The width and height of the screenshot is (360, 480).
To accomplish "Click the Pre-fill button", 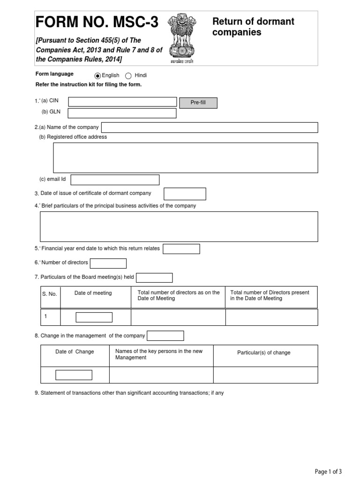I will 198,103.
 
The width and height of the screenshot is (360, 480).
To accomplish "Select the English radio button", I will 97,76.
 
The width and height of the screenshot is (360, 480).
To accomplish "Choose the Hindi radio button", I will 128,76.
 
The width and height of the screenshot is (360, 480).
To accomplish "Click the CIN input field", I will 122,102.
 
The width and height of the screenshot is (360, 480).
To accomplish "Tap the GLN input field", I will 122,113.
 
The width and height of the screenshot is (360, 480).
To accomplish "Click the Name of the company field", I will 210,127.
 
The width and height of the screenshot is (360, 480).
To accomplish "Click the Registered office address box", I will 186,158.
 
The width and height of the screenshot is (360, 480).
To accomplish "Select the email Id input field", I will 115,180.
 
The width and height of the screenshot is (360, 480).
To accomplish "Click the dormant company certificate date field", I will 185,194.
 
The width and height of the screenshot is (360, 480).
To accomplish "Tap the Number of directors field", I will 108,263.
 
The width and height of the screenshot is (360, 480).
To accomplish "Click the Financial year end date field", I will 181,249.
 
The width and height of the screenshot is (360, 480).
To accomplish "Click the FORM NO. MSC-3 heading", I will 97,22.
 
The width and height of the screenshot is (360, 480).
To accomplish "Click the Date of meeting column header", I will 93,293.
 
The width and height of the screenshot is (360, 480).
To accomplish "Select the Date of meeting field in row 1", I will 94,317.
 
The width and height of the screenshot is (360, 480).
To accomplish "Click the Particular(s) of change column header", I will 264,352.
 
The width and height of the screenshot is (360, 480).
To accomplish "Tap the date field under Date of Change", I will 74,375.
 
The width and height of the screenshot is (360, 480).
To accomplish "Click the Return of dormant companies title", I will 253,27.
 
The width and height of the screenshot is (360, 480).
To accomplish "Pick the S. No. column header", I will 50,294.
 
